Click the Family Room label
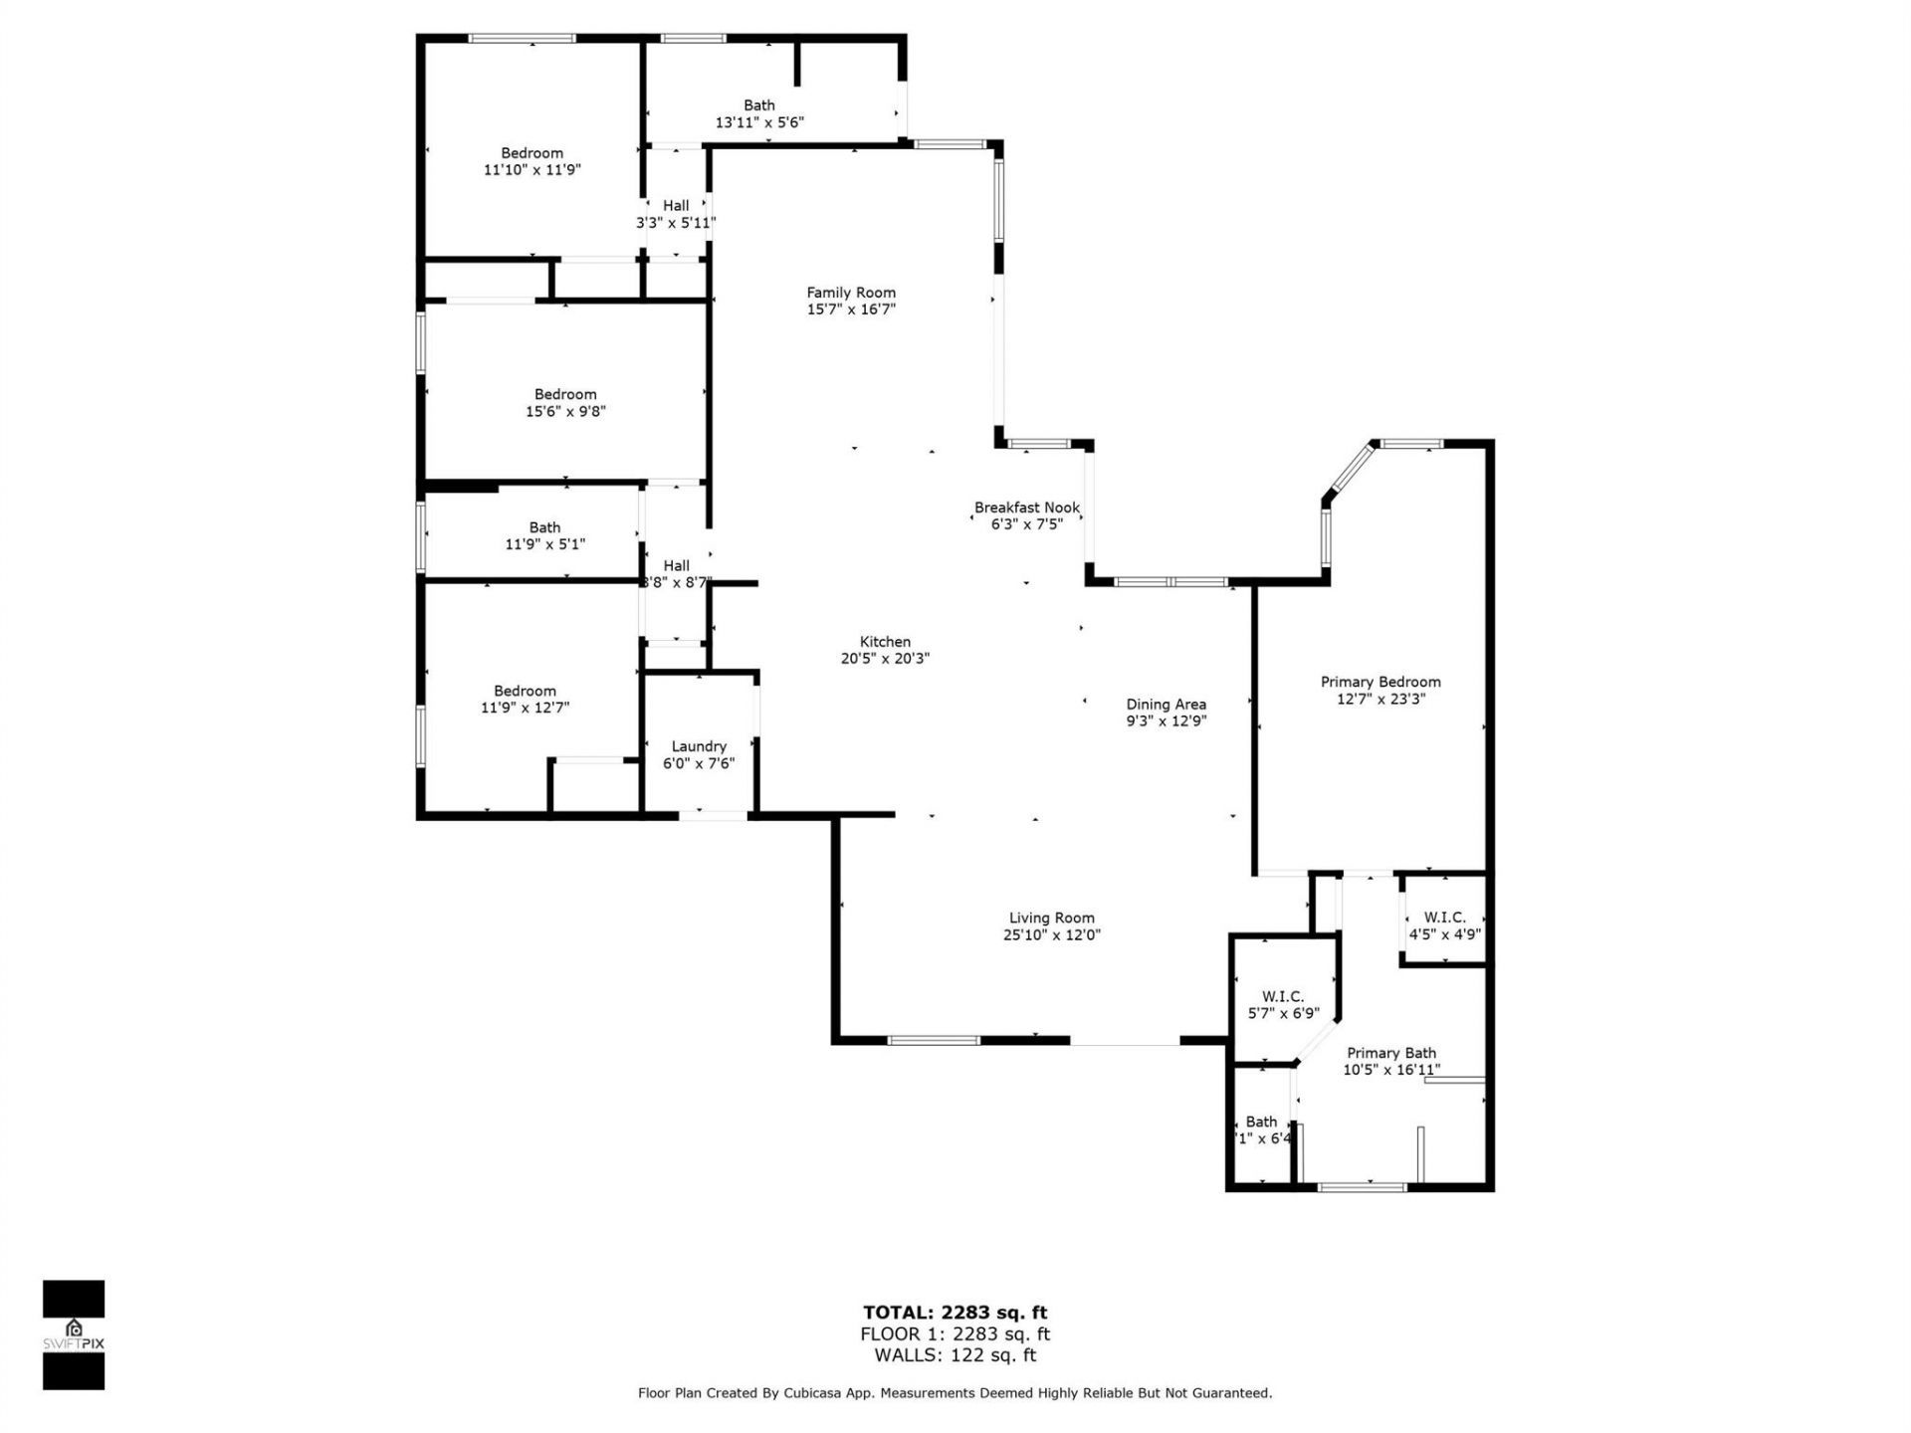coord(851,293)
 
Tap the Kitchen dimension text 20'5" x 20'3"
coord(885,659)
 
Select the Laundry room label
coord(699,746)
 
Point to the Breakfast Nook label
coord(1026,508)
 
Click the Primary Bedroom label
coord(1380,682)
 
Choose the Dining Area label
coord(1166,705)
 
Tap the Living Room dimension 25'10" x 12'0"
coord(1051,935)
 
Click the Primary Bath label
coord(1390,1053)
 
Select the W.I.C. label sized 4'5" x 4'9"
coord(1444,918)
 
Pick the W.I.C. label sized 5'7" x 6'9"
coord(1283,996)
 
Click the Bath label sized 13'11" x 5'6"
coord(759,105)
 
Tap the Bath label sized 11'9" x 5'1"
coord(544,527)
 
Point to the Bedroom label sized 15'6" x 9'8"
coord(565,395)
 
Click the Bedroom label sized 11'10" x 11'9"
coord(531,153)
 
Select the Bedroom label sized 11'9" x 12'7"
coord(525,691)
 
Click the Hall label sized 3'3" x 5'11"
coord(676,206)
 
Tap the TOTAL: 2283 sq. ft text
coord(955,1313)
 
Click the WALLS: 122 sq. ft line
coord(955,1355)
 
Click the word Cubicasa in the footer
coord(785,1393)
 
